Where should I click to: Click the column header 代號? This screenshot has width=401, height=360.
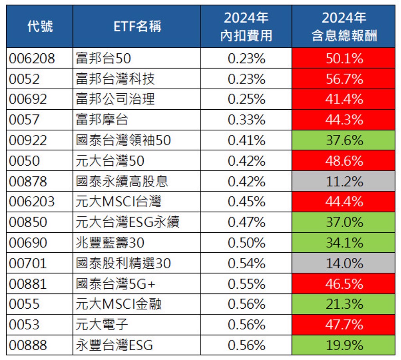click(x=40, y=27)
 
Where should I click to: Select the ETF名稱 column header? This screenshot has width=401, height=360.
click(x=137, y=27)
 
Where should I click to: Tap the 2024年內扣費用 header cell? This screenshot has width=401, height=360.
click(x=246, y=27)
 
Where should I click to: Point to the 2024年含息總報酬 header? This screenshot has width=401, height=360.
click(x=343, y=27)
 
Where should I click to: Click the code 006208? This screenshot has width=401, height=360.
click(x=32, y=59)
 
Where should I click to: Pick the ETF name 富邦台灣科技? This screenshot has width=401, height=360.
click(x=116, y=79)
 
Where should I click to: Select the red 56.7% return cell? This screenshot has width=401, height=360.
click(x=343, y=79)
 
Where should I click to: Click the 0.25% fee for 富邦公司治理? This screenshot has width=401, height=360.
click(x=246, y=99)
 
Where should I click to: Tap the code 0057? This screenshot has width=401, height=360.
click(x=24, y=120)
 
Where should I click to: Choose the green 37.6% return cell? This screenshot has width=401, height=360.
click(x=343, y=140)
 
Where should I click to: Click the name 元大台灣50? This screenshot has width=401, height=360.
click(x=110, y=161)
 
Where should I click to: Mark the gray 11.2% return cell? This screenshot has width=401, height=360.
click(x=343, y=181)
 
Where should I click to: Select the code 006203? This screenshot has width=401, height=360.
click(x=32, y=202)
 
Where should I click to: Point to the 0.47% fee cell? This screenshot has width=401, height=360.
click(x=246, y=222)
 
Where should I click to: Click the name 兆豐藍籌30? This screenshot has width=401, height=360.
click(x=110, y=243)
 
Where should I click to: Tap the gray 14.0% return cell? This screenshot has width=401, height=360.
click(x=343, y=263)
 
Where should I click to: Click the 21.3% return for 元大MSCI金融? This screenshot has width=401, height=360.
click(x=343, y=304)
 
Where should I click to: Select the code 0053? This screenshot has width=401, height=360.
click(x=24, y=325)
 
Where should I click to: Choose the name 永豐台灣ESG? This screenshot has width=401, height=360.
click(x=114, y=345)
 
